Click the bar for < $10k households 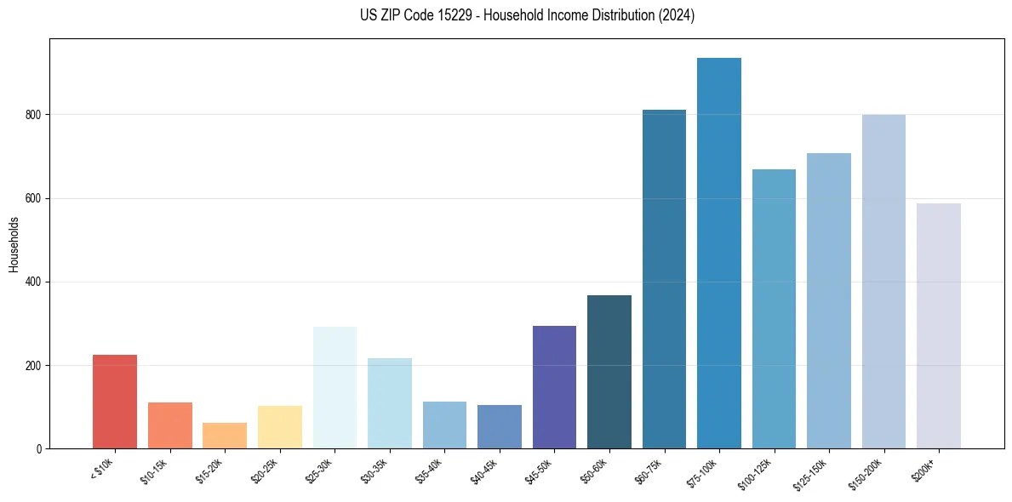[115, 402]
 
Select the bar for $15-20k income [225, 436]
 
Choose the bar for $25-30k [334, 387]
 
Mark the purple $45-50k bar [554, 387]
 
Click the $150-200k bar [883, 282]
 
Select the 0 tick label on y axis [40, 448]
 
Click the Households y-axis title [14, 243]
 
